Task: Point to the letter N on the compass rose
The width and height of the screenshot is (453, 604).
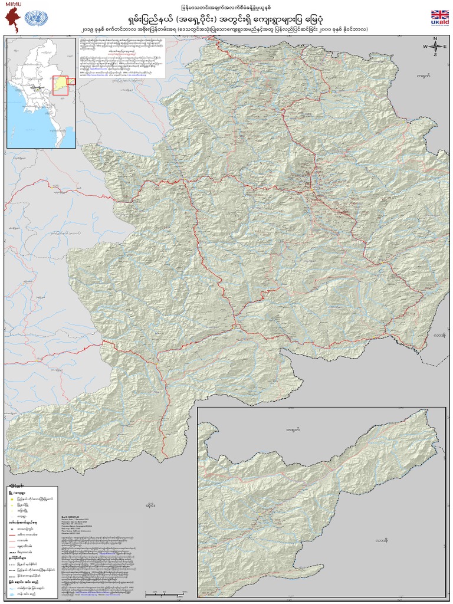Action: click(435, 39)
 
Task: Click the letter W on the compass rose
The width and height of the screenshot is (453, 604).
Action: click(424, 46)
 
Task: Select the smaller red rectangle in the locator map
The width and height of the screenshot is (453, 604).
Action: click(71, 82)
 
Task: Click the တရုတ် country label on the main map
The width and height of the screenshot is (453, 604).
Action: click(422, 77)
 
